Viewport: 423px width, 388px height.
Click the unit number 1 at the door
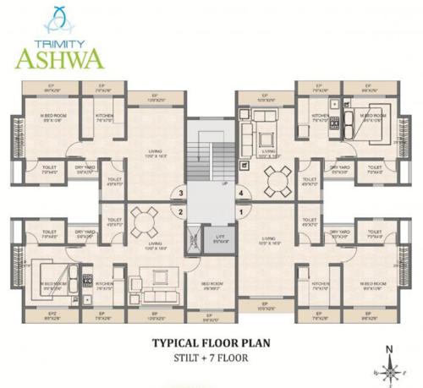(241, 211)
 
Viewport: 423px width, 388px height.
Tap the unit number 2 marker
(180, 211)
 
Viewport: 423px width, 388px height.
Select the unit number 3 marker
(180, 194)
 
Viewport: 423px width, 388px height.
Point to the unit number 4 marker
(241, 194)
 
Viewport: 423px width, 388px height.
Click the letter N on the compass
(387, 347)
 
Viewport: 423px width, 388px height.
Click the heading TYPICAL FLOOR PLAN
(211, 344)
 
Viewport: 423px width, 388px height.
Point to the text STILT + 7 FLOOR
(211, 359)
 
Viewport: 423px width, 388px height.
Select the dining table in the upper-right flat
(273, 181)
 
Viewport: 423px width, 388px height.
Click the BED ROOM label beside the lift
(211, 284)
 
